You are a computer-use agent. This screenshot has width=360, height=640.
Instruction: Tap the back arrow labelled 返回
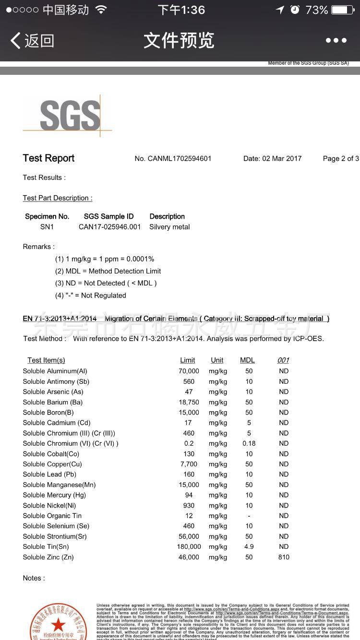tap(32, 41)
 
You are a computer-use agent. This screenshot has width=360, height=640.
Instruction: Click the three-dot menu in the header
tap(336, 41)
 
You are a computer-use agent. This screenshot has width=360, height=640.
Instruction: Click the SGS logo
tap(70, 115)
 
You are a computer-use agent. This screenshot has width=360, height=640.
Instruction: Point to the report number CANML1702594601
tap(173, 159)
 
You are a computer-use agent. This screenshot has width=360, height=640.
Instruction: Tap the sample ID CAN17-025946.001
tap(109, 227)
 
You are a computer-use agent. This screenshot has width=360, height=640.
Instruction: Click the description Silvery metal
tap(169, 227)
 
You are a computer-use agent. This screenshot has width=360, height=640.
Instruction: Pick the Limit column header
tap(187, 360)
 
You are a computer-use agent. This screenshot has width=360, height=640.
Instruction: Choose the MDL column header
tap(247, 360)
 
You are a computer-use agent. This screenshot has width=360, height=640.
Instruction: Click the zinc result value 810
tap(284, 557)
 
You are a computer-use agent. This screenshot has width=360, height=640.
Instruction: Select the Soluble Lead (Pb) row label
tap(49, 474)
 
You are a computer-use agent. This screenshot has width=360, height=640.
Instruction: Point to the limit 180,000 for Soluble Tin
tap(189, 547)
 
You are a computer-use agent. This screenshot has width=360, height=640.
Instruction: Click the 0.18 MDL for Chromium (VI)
tap(249, 443)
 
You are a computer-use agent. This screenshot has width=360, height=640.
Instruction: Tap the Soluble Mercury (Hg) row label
tap(54, 495)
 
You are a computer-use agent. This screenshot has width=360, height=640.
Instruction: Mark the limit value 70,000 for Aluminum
tap(189, 371)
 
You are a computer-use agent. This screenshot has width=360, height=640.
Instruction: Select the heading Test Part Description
tap(58, 198)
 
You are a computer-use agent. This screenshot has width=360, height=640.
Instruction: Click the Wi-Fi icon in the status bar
tap(101, 10)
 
